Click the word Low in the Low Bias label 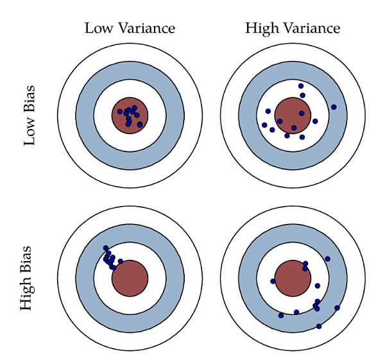tap(30, 132)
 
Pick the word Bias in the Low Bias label tap(30, 100)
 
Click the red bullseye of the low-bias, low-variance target tap(130, 116)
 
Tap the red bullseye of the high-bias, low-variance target tap(130, 279)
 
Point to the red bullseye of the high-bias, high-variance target tap(293, 277)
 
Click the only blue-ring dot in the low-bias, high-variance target tap(334, 107)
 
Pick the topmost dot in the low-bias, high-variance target tap(301, 85)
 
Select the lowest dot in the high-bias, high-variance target tap(319, 327)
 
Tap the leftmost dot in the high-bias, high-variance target tap(273, 281)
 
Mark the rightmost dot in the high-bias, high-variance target tap(337, 307)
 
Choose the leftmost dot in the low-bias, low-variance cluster tap(119, 112)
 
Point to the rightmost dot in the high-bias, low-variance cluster tap(121, 261)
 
